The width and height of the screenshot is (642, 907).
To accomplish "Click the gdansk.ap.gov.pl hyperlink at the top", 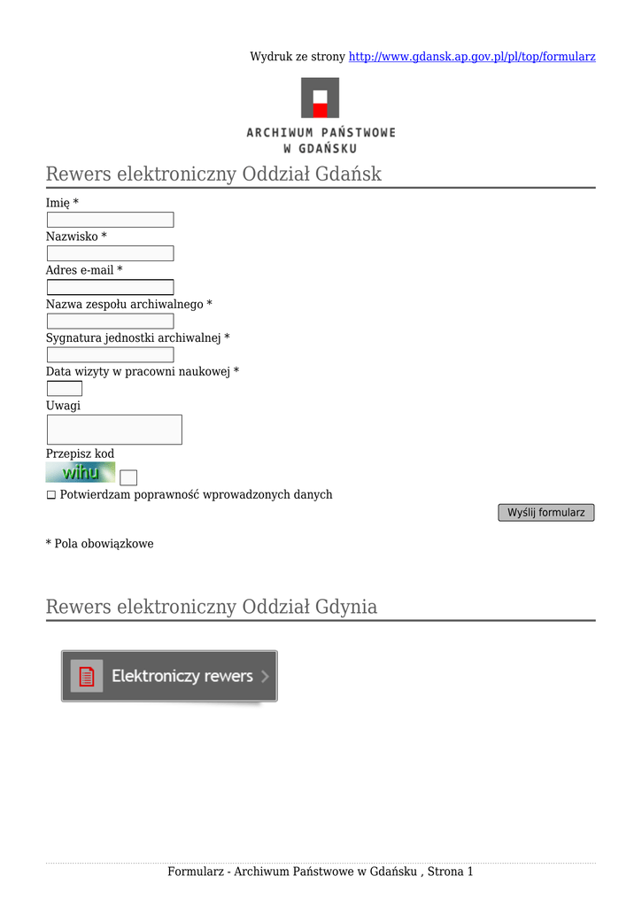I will tap(472, 57).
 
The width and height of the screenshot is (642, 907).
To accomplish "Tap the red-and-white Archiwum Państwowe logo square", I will tap(320, 97).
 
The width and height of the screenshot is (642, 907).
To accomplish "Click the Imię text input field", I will tap(110, 220).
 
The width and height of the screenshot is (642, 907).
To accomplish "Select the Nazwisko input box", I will tap(110, 253).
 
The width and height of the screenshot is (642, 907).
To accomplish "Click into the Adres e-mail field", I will tap(110, 287).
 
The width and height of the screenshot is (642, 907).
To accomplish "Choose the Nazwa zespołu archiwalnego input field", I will tap(110, 321).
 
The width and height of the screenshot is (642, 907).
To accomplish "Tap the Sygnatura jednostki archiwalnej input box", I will tap(110, 354).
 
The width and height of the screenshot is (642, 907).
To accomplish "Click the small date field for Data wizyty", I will tap(64, 388).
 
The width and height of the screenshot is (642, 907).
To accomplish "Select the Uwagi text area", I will tap(113, 430).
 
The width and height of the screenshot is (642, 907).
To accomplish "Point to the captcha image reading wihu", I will tap(81, 472).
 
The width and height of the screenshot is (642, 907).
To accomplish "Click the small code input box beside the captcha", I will tap(128, 477).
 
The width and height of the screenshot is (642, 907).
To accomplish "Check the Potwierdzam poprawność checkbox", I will tap(51, 495).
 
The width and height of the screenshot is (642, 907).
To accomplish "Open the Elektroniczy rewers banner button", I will tap(169, 677).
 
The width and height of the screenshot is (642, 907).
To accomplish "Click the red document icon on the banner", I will tap(87, 677).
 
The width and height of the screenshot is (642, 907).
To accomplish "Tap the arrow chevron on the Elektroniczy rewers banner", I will tap(265, 677).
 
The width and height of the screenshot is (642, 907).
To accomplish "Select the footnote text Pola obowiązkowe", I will tap(104, 544).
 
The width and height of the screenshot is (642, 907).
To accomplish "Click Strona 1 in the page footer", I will tap(450, 872).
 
